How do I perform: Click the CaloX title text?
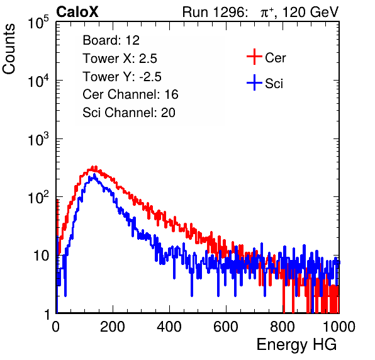click(x=77, y=12)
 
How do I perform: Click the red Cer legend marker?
click(x=254, y=57)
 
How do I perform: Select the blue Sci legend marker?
click(x=254, y=82)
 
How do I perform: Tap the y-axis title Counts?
click(x=9, y=48)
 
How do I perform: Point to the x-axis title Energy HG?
click(x=296, y=345)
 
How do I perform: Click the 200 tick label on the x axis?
click(x=113, y=327)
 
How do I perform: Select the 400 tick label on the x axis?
click(x=169, y=327)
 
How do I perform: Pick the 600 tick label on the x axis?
click(x=226, y=327)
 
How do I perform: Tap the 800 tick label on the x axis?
click(x=283, y=327)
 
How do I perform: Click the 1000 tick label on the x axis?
click(x=339, y=327)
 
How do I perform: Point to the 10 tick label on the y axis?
click(x=41, y=256)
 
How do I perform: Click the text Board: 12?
click(x=111, y=40)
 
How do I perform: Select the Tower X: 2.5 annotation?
click(x=120, y=59)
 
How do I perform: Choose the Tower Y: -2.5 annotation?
click(x=122, y=77)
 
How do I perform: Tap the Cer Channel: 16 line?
click(x=130, y=94)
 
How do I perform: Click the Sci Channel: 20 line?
click(x=129, y=113)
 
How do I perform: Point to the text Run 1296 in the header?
click(x=215, y=12)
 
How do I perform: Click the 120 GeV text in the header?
click(x=310, y=12)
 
